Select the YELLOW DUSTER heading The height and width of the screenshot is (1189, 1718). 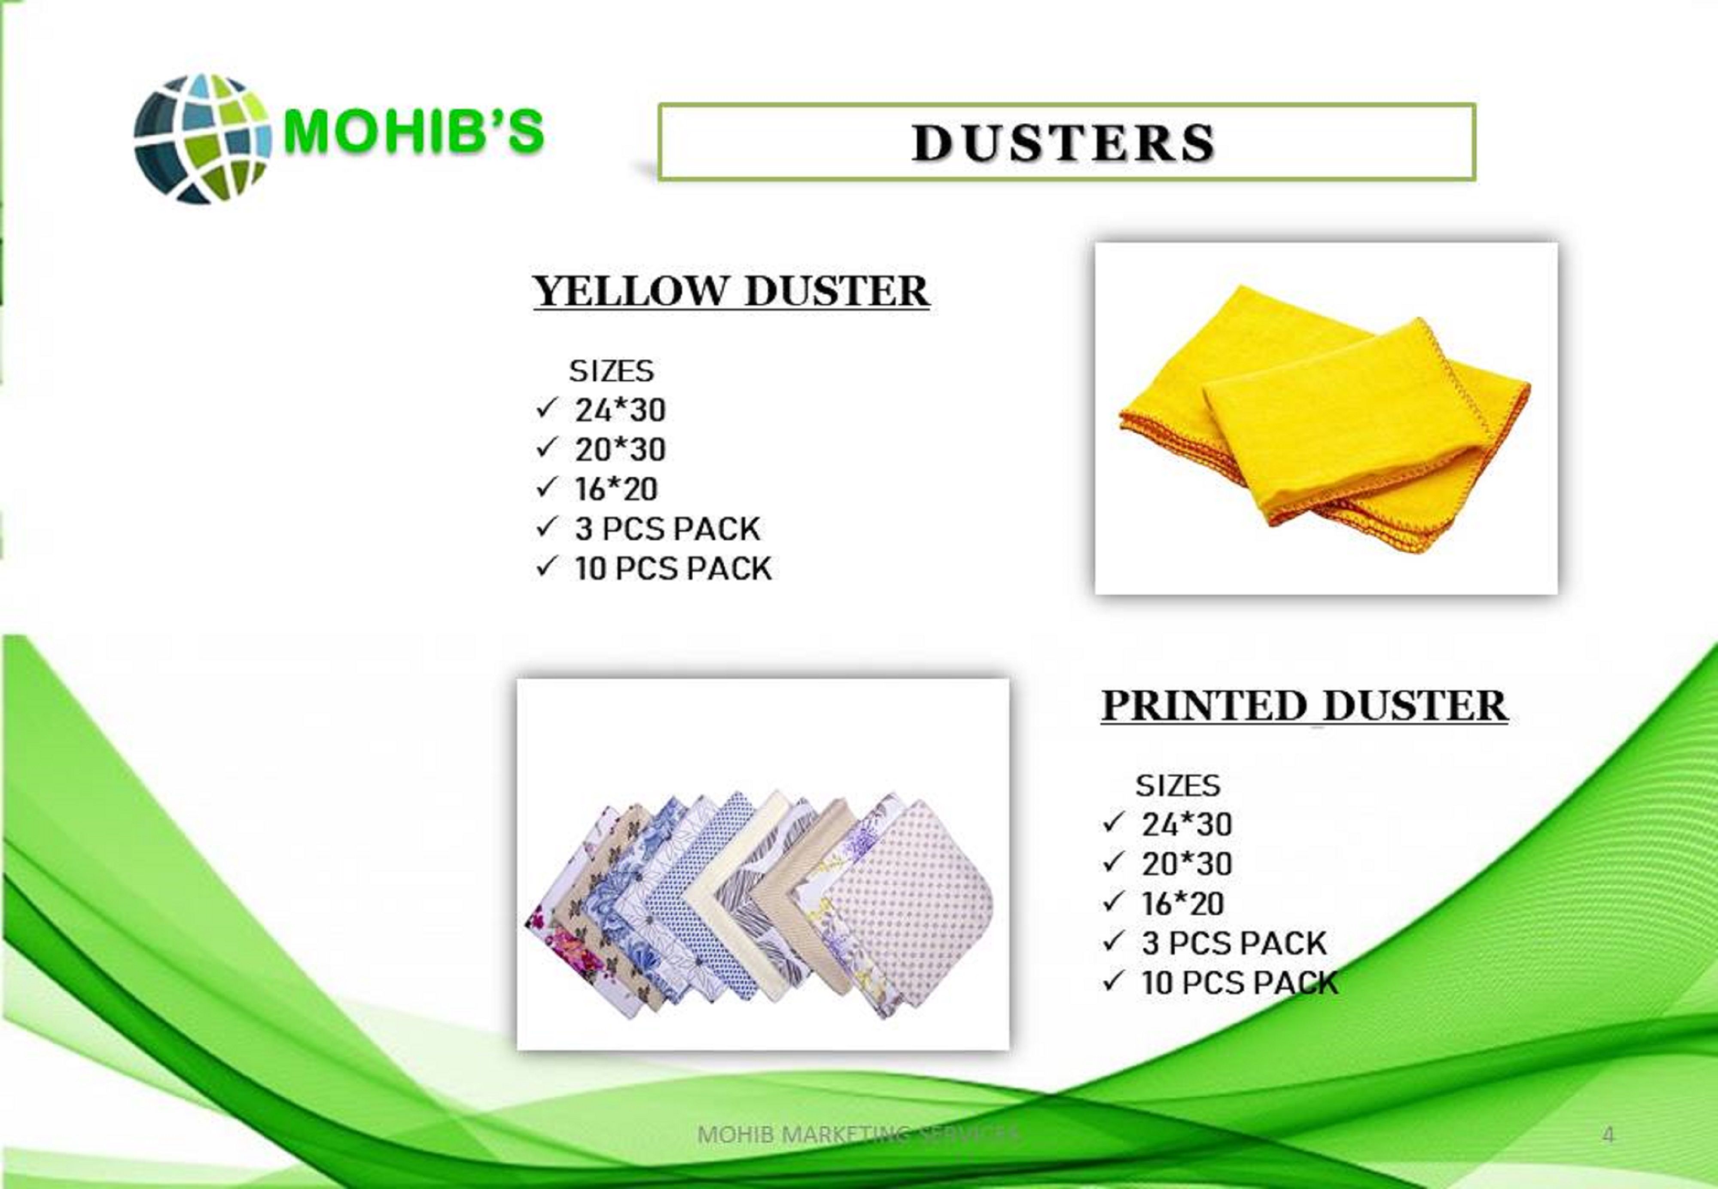click(x=731, y=291)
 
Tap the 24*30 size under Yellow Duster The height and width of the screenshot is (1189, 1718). click(x=620, y=410)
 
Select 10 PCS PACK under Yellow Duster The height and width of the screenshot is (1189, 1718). click(x=673, y=569)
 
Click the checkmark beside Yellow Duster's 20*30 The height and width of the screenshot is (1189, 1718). click(x=547, y=448)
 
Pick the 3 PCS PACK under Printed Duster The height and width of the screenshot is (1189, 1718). click(x=1234, y=943)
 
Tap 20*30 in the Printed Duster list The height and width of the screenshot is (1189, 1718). click(x=1187, y=864)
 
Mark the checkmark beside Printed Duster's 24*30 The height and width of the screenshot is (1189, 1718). click(x=1113, y=822)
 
